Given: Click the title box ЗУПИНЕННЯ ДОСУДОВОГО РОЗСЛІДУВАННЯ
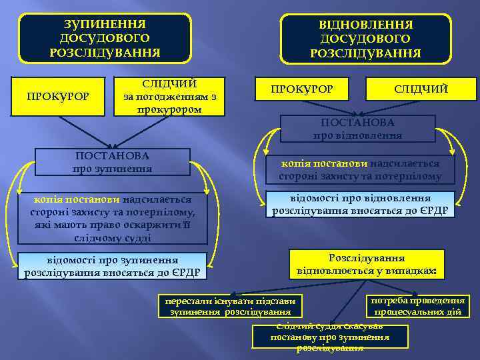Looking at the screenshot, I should coord(105,37).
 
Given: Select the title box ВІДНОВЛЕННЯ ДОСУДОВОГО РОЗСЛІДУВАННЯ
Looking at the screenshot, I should coord(365,39).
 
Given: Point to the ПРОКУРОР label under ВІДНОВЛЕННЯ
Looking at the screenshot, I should coord(302,89).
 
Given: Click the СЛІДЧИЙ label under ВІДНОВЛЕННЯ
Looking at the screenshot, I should coord(421,89).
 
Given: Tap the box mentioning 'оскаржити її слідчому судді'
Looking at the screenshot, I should coord(112,218).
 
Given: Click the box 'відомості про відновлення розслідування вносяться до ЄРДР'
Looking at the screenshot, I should coord(360,205).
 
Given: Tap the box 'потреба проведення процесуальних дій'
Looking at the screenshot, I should coord(417,305).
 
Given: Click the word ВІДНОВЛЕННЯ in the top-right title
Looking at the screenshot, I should coord(366,25).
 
